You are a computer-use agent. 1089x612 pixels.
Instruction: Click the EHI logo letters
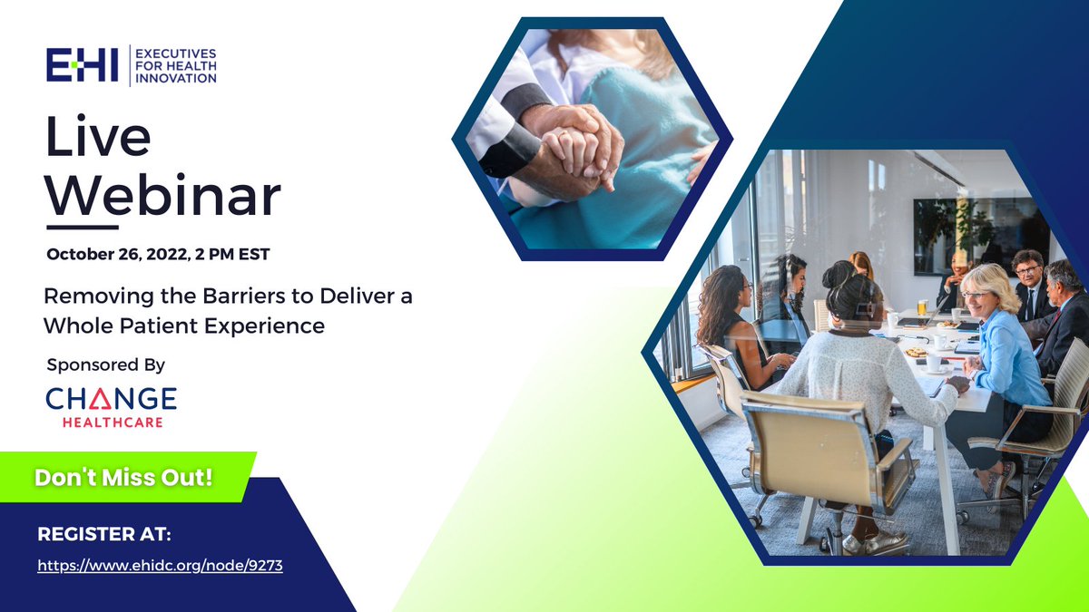[x=83, y=65]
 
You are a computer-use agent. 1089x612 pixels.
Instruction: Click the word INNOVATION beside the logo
[x=176, y=78]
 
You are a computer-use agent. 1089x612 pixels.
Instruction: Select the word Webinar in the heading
[x=162, y=195]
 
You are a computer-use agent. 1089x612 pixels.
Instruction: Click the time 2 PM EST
[x=232, y=254]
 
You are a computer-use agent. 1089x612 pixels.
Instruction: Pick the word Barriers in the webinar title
[x=243, y=296]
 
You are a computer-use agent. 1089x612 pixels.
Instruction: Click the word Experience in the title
[x=264, y=325]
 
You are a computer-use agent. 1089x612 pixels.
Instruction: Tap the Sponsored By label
[x=106, y=364]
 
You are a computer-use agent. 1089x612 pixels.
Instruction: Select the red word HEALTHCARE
[x=113, y=423]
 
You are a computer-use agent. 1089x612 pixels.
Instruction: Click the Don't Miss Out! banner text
[x=123, y=478]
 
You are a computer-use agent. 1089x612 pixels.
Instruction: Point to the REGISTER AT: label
[x=104, y=534]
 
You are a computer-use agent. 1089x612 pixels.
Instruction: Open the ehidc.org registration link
[x=160, y=566]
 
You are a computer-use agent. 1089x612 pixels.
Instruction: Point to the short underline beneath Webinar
[x=83, y=228]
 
